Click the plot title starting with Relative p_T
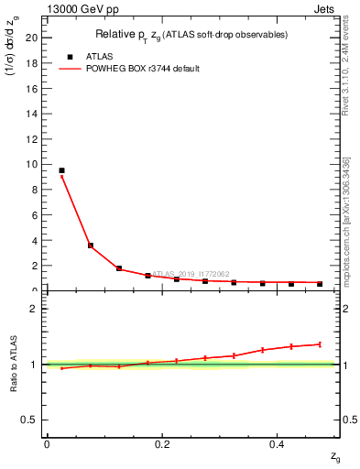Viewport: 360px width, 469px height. (x=193, y=35)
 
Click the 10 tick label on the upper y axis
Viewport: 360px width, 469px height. (x=33, y=164)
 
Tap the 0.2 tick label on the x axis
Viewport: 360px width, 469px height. (x=162, y=444)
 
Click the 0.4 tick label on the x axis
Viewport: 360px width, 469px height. (x=278, y=444)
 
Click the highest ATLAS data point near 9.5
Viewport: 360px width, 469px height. (x=61, y=170)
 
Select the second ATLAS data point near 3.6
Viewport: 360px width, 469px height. (x=91, y=245)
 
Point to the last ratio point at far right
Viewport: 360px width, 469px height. (x=320, y=344)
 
